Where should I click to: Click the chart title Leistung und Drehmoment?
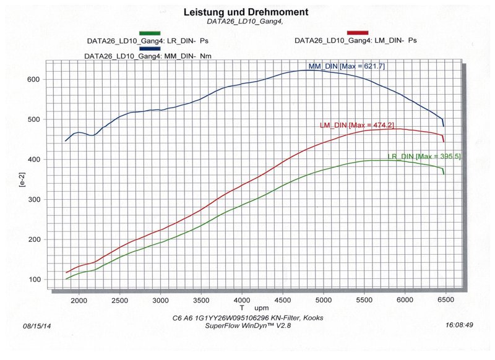coord(246,12)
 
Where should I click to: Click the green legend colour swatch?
coord(150,33)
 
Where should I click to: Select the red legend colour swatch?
coord(358,33)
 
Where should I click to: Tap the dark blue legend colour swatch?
coord(150,48)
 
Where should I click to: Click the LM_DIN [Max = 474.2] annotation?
coord(358,125)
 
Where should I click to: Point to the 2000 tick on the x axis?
coord(79,300)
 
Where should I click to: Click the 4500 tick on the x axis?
coord(282,300)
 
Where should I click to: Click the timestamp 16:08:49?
coord(458,324)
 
